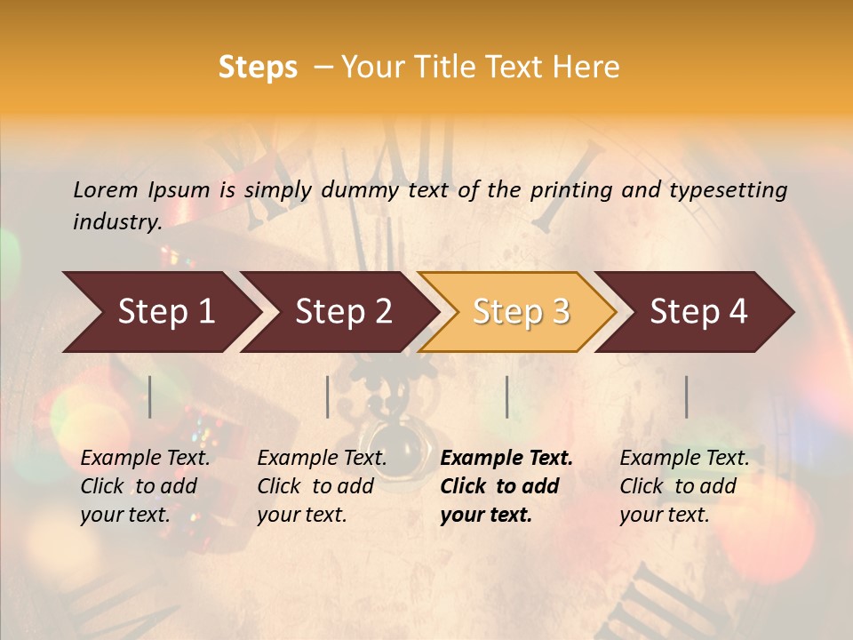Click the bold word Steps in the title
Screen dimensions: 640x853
click(x=258, y=68)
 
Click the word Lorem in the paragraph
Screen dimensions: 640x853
click(x=104, y=189)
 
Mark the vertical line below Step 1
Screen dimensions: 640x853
click(x=150, y=396)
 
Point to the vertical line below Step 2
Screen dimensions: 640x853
click(x=328, y=396)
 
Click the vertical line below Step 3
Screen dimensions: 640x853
click(x=506, y=396)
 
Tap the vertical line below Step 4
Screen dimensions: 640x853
click(x=686, y=396)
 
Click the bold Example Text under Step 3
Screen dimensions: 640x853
click(x=506, y=459)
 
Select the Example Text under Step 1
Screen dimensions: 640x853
click(x=145, y=459)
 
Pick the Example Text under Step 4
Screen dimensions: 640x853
click(x=684, y=459)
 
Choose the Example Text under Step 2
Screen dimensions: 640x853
click(x=322, y=459)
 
